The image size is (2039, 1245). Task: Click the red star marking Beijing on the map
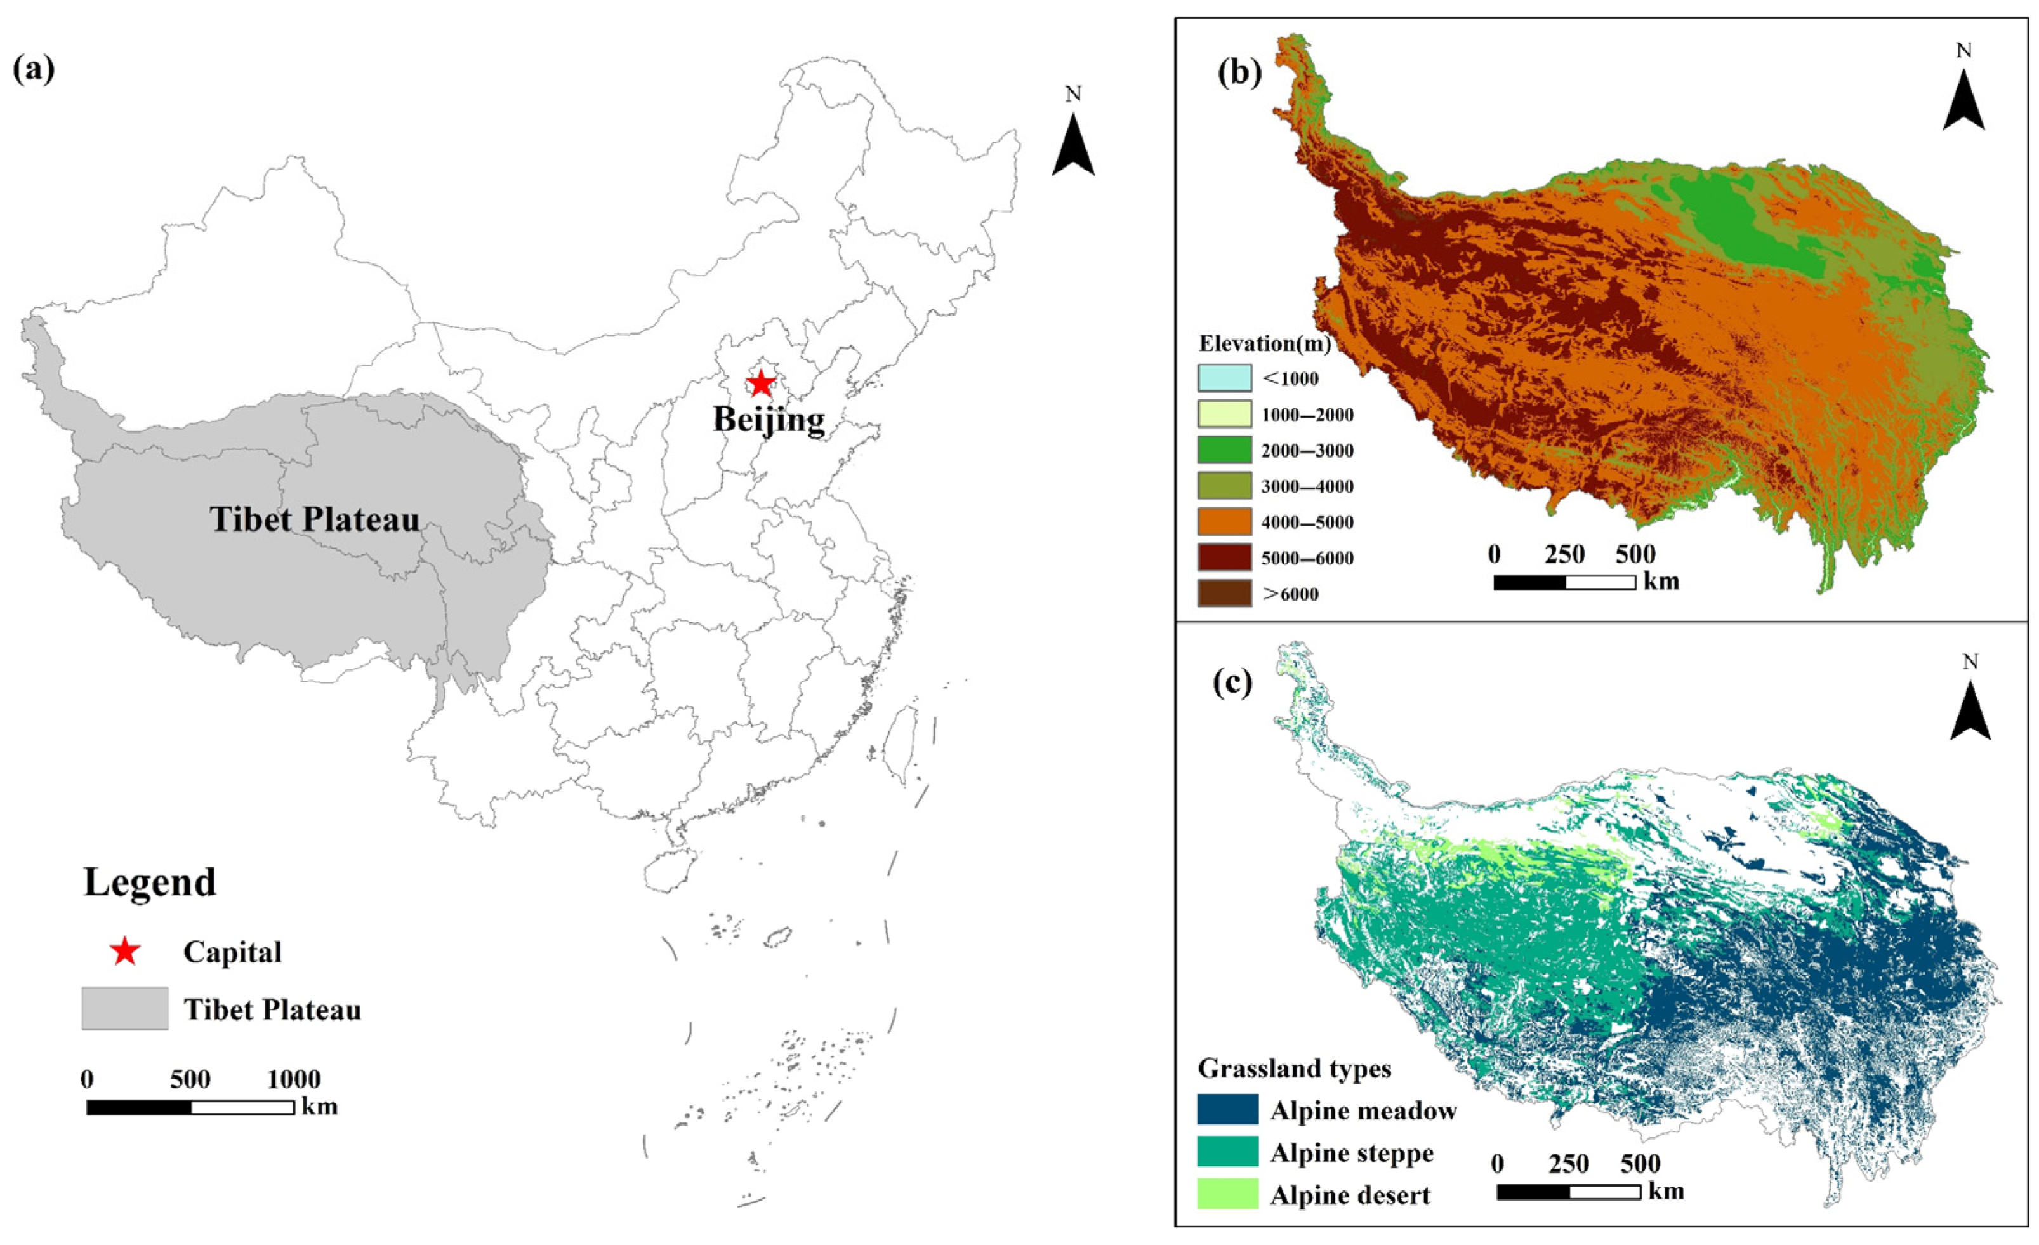pos(760,383)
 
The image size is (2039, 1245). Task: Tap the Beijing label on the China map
pos(769,420)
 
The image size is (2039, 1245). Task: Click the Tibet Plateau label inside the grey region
pos(315,520)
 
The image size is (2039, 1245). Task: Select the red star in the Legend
pos(125,952)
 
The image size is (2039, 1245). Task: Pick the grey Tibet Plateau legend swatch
pos(125,1008)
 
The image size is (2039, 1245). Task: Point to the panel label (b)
pos(1239,73)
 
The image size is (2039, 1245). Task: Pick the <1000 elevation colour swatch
pos(1225,378)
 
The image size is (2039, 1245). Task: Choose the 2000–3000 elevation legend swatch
pos(1225,449)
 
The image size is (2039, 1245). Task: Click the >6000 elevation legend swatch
pos(1225,593)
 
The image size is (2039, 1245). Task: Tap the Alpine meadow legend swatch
pos(1228,1109)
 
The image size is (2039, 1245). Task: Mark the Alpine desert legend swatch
pos(1228,1194)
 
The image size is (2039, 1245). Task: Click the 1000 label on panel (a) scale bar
pos(294,1079)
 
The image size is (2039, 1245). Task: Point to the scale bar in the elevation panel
pos(1564,583)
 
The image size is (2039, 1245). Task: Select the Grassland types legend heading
pos(1294,1069)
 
